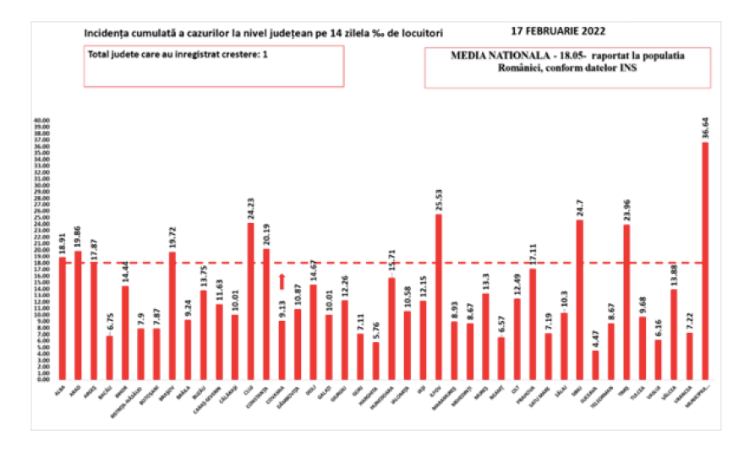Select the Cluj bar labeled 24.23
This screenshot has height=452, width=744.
coord(250,301)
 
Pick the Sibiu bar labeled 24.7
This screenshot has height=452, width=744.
coord(580,299)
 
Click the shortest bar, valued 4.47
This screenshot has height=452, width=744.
coord(595,365)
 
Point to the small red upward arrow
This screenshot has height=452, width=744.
coord(282,281)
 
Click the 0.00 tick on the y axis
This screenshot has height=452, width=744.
coord(43,379)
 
